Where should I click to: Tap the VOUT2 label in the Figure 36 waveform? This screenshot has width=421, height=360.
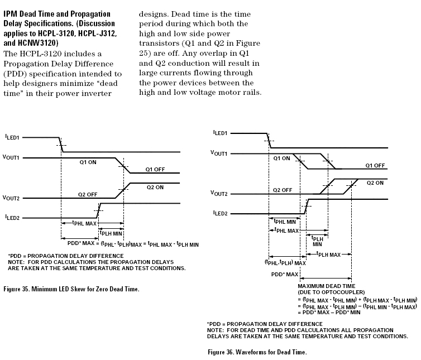click(219, 193)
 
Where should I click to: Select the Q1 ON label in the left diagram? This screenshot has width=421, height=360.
click(88, 162)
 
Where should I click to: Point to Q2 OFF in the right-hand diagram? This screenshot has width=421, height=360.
click(283, 190)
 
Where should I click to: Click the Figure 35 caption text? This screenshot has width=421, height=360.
click(71, 289)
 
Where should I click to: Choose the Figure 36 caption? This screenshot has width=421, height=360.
click(257, 352)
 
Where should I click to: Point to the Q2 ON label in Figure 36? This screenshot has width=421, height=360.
click(375, 183)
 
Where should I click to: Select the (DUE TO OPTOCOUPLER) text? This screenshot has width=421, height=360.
click(327, 292)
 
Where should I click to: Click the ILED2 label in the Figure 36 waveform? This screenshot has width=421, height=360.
click(219, 213)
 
